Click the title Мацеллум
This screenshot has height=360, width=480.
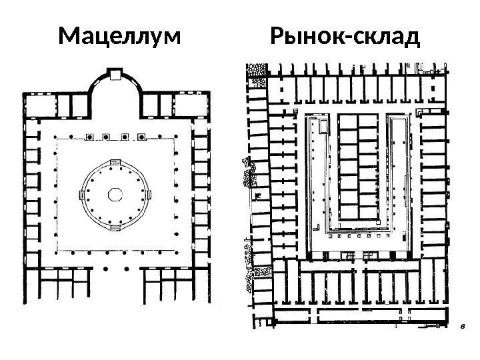pos(119,38)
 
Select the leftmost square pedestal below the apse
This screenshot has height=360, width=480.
pos(89,138)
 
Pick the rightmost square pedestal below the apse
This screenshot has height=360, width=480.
pos(141,138)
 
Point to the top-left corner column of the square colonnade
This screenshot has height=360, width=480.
pos(57,140)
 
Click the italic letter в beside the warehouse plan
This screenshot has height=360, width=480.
pos(461,328)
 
